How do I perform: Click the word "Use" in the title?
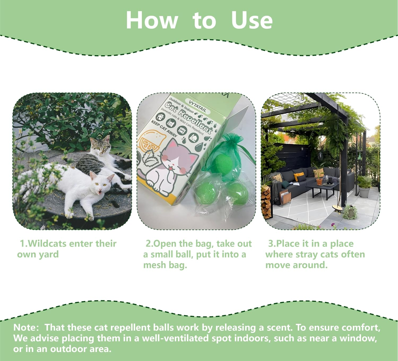(252, 21)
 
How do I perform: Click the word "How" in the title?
(152, 21)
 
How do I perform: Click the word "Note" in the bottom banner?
(24, 328)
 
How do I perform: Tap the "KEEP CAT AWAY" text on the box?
(164, 128)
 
